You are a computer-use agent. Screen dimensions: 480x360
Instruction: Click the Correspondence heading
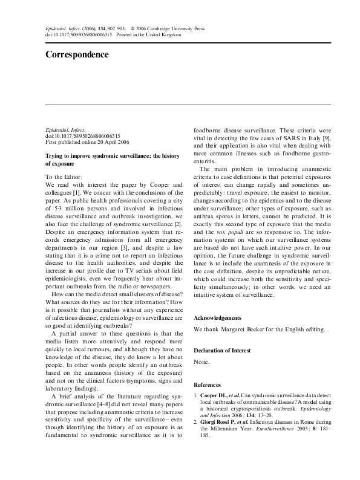click(x=77, y=54)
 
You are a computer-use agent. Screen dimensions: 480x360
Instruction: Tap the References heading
click(x=207, y=384)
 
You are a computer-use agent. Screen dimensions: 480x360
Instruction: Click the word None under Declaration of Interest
click(x=201, y=362)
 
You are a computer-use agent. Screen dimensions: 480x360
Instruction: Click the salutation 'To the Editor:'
click(x=66, y=177)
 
